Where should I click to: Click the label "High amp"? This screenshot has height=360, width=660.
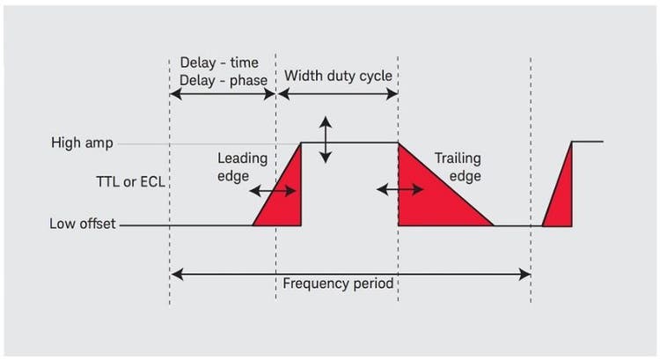pos(82,143)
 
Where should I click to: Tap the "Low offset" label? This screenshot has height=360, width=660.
pos(82,224)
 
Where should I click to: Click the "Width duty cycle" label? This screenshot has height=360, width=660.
pos(338,76)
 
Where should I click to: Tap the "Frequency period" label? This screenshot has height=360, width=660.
pos(338,284)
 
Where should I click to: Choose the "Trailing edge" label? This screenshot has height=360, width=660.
pos(458,167)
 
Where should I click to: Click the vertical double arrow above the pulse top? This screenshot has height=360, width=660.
pos(326,139)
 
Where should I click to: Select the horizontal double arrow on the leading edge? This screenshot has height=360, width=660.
pos(268,190)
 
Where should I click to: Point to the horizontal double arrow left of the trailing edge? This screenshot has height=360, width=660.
pos(393,188)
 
